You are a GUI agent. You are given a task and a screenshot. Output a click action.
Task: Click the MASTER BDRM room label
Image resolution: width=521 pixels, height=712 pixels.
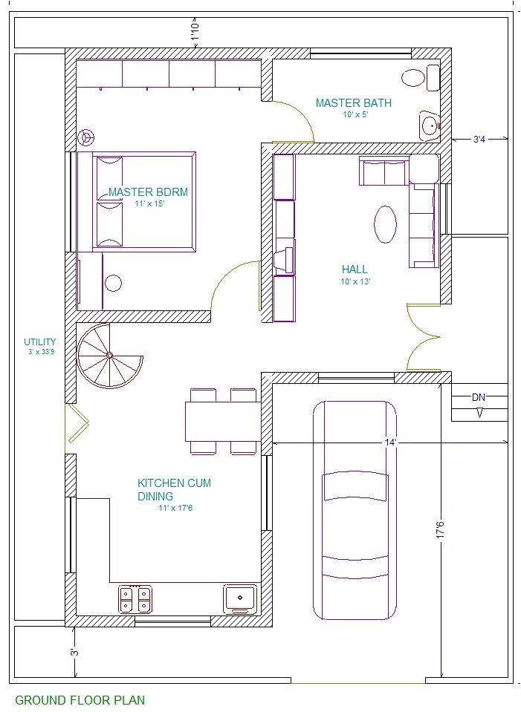click(148, 192)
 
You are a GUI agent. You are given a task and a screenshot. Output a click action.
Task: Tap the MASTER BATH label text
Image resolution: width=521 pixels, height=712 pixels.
click(354, 103)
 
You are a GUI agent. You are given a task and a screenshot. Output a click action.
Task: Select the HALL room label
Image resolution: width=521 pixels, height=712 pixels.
click(355, 270)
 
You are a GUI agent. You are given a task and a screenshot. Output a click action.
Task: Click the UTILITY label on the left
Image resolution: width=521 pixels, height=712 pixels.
click(40, 342)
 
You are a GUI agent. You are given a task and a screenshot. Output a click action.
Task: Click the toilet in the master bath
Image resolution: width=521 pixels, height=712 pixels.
click(421, 78)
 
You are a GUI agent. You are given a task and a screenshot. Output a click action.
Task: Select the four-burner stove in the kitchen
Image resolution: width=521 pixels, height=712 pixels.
click(135, 599)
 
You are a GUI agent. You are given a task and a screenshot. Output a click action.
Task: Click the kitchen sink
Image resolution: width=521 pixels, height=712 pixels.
click(240, 599)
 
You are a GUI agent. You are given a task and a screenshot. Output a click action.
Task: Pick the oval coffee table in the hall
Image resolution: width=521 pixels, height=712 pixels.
click(385, 224)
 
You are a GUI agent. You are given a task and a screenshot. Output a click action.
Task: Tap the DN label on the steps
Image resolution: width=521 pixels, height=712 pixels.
click(479, 397)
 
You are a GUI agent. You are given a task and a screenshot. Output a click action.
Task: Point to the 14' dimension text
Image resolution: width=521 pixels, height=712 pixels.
click(390, 442)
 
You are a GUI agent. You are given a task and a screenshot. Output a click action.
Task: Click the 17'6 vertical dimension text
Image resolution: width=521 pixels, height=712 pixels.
click(440, 530)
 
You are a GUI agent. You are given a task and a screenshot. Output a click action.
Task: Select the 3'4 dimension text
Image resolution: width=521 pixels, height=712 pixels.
click(479, 140)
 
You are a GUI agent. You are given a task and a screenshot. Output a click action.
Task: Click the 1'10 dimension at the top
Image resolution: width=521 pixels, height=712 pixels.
click(195, 32)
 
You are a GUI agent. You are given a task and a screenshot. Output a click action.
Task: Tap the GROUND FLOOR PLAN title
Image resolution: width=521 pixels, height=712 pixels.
click(80, 699)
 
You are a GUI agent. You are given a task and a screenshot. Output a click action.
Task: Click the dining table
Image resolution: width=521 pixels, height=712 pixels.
click(223, 422)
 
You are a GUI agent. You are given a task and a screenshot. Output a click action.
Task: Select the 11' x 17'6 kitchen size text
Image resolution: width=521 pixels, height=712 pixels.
click(175, 508)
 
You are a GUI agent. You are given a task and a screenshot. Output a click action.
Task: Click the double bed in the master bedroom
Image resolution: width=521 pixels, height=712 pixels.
click(144, 202)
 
